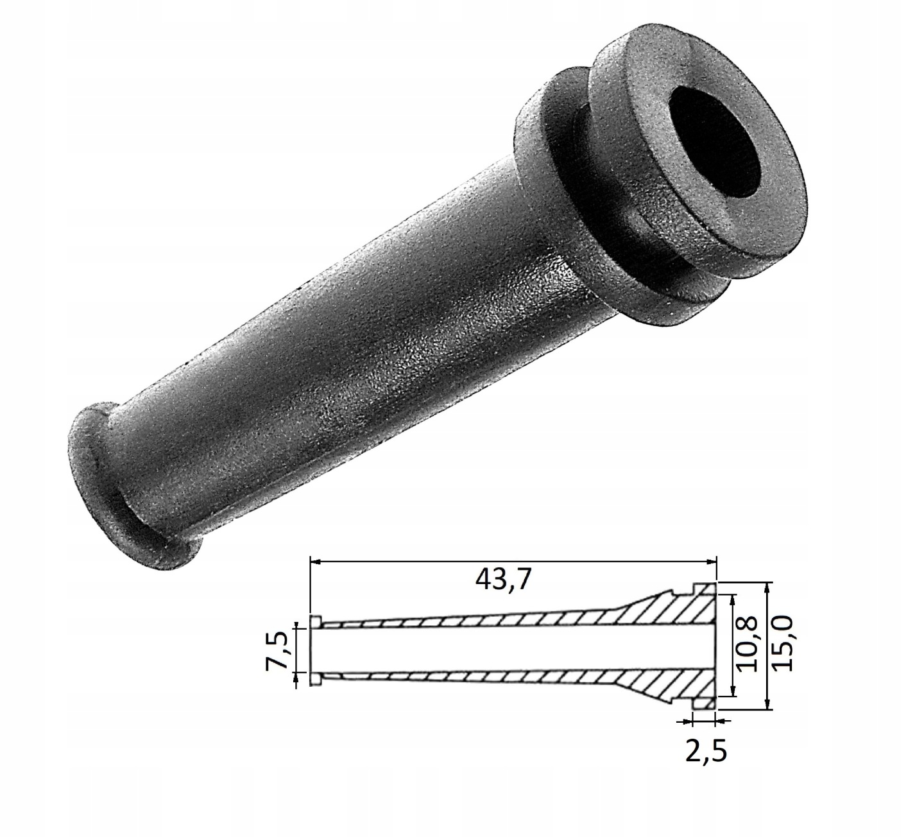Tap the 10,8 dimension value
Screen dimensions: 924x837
tap(748, 645)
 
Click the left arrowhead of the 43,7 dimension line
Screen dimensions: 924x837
tap(316, 562)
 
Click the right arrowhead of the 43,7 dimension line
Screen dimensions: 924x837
tap(712, 562)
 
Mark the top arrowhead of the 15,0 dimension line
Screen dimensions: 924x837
tap(767, 588)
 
